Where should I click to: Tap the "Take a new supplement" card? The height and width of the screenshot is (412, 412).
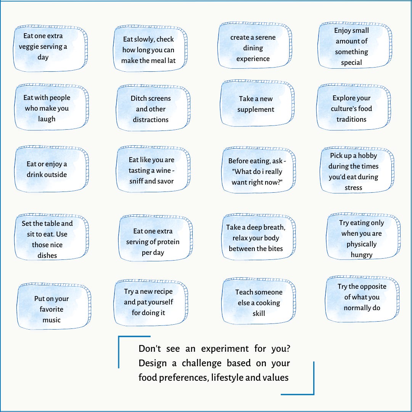[256, 104]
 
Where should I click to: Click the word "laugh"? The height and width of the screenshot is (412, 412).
[47, 119]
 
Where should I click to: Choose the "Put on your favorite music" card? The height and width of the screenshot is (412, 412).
[52, 309]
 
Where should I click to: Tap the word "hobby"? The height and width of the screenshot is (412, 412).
[367, 156]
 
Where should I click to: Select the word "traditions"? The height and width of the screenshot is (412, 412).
[351, 119]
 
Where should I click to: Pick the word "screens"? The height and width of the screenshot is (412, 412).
[158, 98]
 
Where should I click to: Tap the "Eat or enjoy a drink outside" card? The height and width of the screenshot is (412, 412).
[47, 169]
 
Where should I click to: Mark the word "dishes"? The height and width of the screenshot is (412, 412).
[47, 256]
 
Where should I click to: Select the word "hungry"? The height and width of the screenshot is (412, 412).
[362, 255]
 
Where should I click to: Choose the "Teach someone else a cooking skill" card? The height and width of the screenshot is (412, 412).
[259, 303]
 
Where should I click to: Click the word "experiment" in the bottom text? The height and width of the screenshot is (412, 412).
[224, 349]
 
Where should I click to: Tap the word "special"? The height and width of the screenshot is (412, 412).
[351, 63]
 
